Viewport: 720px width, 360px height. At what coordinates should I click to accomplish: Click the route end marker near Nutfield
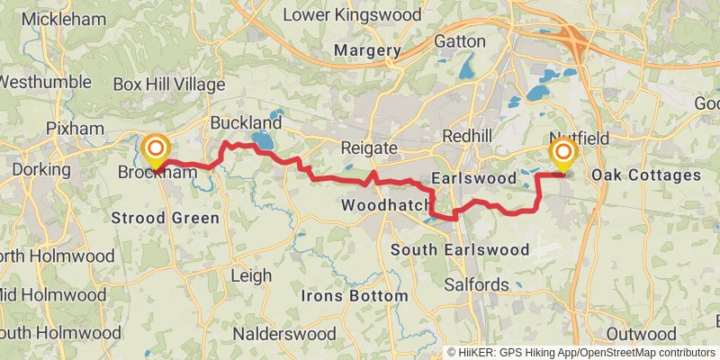point(564,153)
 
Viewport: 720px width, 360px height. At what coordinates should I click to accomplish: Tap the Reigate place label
point(369,148)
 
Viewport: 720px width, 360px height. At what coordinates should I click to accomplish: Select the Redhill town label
point(465,136)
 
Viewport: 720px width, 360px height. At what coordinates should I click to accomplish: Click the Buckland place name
point(246,122)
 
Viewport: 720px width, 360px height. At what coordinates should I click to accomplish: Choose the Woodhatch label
point(386,206)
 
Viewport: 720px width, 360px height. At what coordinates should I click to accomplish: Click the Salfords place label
point(477,283)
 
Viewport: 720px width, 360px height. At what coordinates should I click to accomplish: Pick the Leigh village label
point(251,275)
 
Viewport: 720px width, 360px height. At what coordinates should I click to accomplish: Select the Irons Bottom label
point(355,295)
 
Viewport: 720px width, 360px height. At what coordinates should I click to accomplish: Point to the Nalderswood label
point(284,333)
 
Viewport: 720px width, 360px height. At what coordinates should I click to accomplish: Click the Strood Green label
point(165,218)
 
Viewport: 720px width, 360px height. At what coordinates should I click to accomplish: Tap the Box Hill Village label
point(169,85)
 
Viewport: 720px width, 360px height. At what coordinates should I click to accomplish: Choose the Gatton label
point(459,41)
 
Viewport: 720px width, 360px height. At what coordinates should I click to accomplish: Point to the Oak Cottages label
point(647,175)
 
